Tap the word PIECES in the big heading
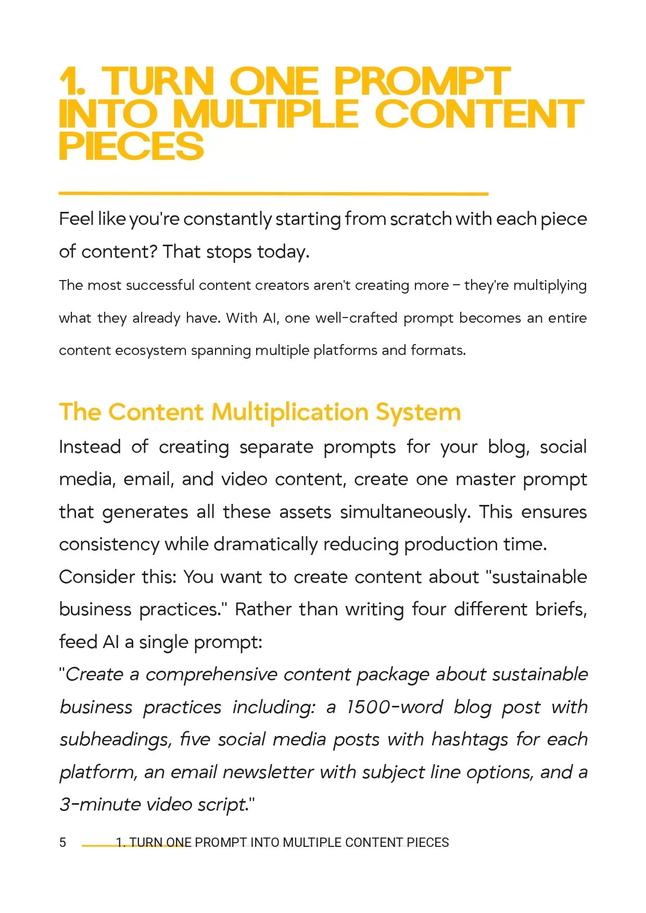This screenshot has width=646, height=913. [131, 146]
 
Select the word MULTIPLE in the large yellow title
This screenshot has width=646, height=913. [265, 114]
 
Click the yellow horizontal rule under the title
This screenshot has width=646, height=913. [273, 194]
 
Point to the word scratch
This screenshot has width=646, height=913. [421, 219]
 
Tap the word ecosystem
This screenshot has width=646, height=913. [150, 350]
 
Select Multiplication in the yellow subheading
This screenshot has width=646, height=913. [290, 412]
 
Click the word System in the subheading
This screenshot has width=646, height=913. [418, 412]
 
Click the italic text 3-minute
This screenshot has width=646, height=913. [100, 805]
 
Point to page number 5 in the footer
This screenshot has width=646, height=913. [63, 843]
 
